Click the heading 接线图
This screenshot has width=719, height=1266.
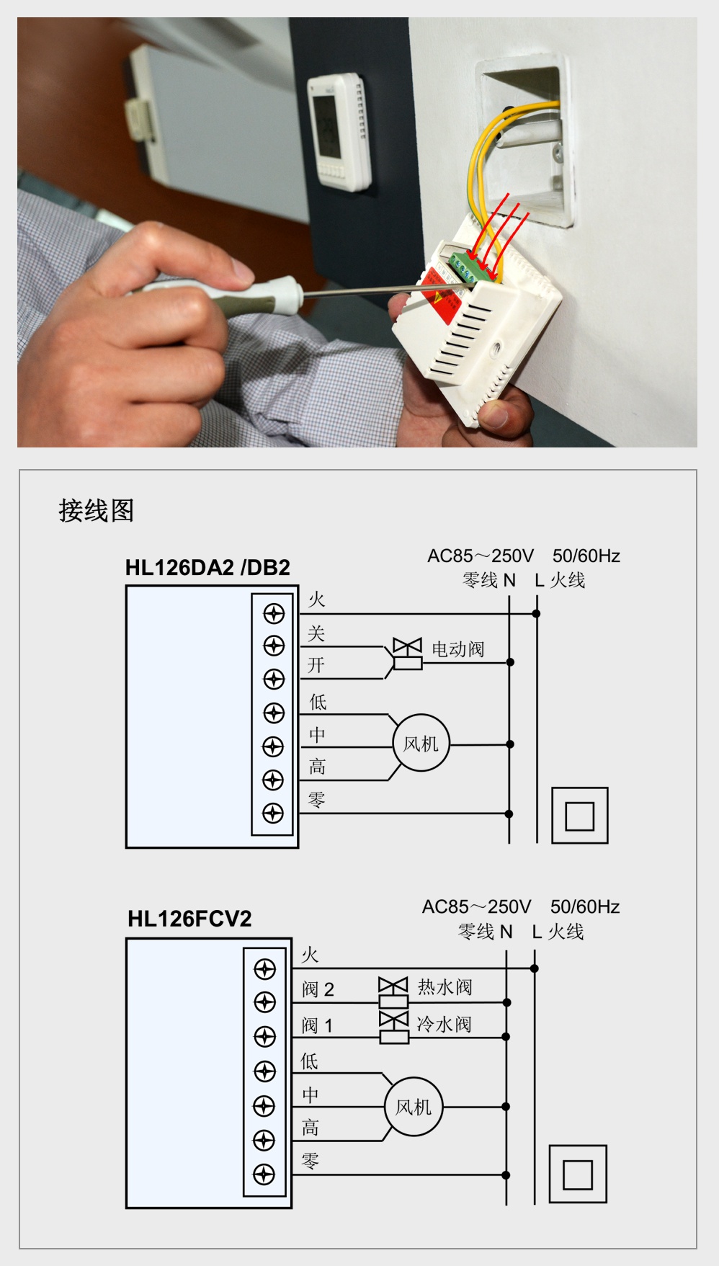(x=96, y=511)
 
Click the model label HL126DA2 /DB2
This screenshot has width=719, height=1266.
(x=207, y=568)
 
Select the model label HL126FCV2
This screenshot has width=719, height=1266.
(x=189, y=919)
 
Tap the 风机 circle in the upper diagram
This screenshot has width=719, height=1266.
(x=421, y=744)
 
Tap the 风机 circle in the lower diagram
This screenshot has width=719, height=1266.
(x=414, y=1107)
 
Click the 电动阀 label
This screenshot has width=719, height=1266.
(x=457, y=649)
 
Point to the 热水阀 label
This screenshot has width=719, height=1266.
(x=445, y=986)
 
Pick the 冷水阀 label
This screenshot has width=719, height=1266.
(x=444, y=1024)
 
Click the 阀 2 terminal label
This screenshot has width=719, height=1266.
(x=318, y=989)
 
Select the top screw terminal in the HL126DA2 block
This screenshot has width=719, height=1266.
(x=274, y=614)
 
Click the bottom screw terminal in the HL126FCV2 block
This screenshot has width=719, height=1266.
(x=264, y=1174)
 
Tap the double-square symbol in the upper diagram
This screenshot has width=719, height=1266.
(x=579, y=816)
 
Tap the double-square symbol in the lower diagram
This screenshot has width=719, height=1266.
(x=577, y=1174)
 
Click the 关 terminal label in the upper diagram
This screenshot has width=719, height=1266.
(x=316, y=633)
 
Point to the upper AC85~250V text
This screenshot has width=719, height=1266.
(x=481, y=556)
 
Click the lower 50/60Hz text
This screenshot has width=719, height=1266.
(x=585, y=906)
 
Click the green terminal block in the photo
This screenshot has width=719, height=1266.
(x=469, y=269)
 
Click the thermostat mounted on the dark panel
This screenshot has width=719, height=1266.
(x=339, y=131)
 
